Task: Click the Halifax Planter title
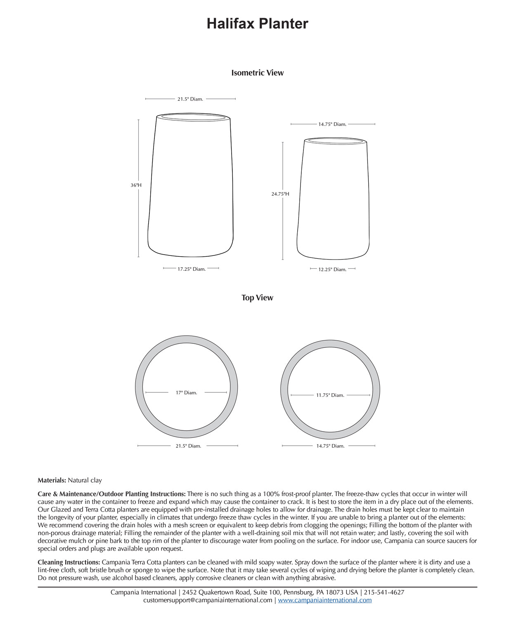point(257,24)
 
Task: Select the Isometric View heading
point(257,73)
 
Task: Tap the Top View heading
point(257,298)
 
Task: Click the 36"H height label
point(136,185)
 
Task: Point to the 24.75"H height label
point(280,194)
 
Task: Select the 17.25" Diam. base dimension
point(191,269)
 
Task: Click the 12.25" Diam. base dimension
point(332,269)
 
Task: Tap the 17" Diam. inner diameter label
point(186,392)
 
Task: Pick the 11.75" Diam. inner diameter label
point(330,395)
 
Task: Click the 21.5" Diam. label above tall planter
point(190,99)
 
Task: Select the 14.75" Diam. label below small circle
point(330,446)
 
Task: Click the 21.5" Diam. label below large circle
point(188,446)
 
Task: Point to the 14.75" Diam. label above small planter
point(332,124)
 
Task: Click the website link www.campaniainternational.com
point(324,600)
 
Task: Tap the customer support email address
point(208,600)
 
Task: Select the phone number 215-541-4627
point(384,592)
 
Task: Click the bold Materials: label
point(52,480)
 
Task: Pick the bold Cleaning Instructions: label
point(69,562)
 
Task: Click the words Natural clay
point(85,480)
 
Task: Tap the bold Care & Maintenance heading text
point(111,494)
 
